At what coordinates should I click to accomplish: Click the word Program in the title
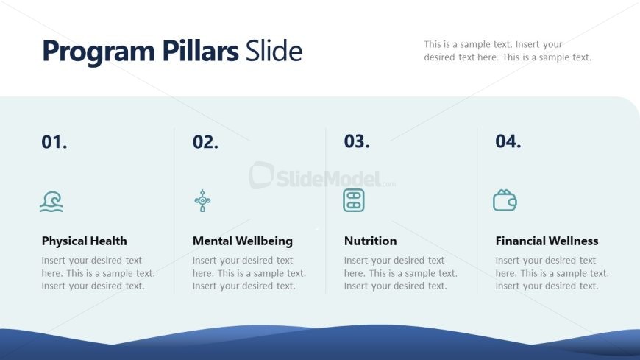[x=99, y=52]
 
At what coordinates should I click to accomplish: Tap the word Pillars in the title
[x=200, y=51]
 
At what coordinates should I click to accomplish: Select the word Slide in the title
[x=274, y=51]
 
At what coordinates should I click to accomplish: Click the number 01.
[x=54, y=142]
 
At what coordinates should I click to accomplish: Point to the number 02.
[x=206, y=142]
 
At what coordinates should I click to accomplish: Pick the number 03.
[x=357, y=141]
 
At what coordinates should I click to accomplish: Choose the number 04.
[x=508, y=141]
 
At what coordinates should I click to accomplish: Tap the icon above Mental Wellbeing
[x=202, y=201]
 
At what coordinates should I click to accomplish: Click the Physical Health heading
[x=84, y=241]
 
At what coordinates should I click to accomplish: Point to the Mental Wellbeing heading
[x=243, y=241]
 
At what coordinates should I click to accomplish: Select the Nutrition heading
[x=370, y=241]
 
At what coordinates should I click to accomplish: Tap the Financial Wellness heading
[x=547, y=241]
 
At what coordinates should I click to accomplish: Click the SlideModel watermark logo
[x=322, y=176]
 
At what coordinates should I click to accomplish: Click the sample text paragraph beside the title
[x=508, y=51]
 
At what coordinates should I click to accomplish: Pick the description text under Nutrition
[x=400, y=273]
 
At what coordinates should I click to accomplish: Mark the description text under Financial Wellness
[x=552, y=273]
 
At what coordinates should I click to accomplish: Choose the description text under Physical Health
[x=98, y=273]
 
